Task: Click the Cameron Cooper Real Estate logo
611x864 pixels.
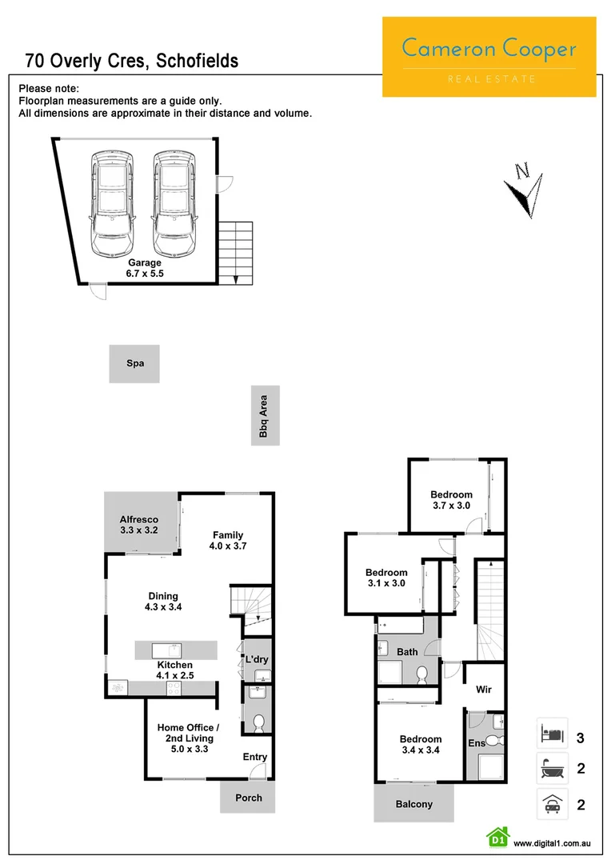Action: click(x=489, y=57)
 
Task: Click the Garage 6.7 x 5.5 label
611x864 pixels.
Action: click(x=145, y=268)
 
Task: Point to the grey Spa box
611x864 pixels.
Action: click(x=134, y=364)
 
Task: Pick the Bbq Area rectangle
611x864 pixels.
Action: click(x=264, y=416)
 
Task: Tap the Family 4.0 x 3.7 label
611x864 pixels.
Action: click(x=228, y=541)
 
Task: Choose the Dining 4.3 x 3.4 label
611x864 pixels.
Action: click(x=163, y=602)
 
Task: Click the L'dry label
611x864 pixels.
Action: click(x=256, y=659)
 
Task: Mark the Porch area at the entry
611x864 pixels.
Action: click(x=248, y=798)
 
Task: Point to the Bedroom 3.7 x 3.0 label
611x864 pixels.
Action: click(x=451, y=500)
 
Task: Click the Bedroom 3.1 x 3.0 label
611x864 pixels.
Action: click(x=386, y=578)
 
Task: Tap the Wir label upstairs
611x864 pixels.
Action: click(x=483, y=689)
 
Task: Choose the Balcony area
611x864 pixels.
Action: click(x=413, y=804)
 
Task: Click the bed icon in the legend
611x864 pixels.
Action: click(x=552, y=733)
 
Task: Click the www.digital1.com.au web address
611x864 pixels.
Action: click(x=551, y=843)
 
